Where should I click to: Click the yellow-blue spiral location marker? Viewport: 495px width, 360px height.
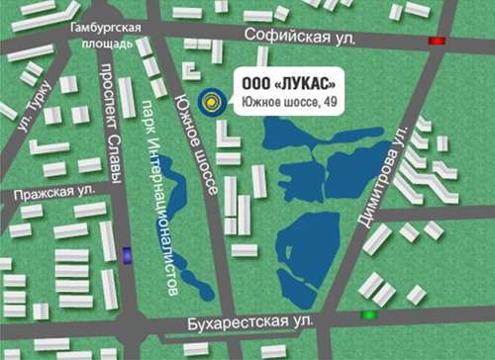point(211,100)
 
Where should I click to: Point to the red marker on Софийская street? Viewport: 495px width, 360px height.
point(436,41)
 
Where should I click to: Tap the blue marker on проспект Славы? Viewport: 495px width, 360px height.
point(128,255)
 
